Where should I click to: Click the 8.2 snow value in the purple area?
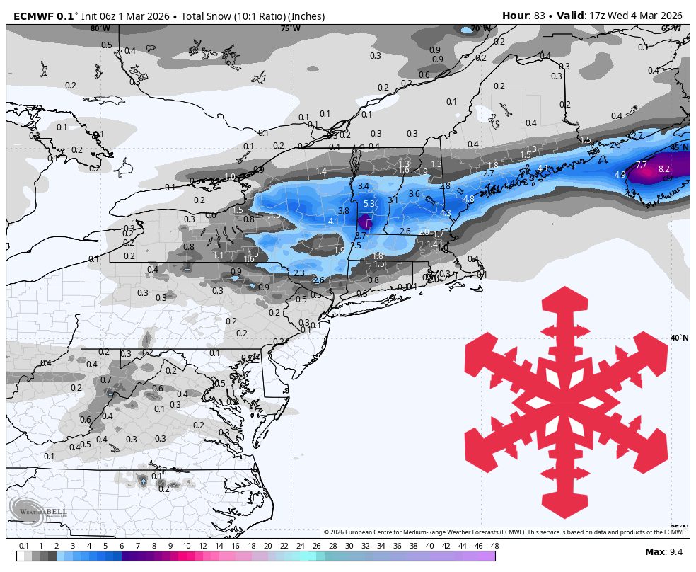coord(663,169)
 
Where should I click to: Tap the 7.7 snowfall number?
coord(642,165)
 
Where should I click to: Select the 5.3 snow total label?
coord(369,204)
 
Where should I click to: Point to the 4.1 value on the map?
coord(333,222)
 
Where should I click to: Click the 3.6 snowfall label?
coord(414,194)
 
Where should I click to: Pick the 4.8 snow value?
coord(468,200)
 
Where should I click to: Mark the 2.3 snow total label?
coord(299,273)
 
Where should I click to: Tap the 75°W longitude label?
coord(290,28)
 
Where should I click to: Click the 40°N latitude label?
coord(679,338)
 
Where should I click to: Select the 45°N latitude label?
coord(679,147)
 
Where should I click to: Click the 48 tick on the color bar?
coord(494,546)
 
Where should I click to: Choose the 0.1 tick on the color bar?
coord(23,546)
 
